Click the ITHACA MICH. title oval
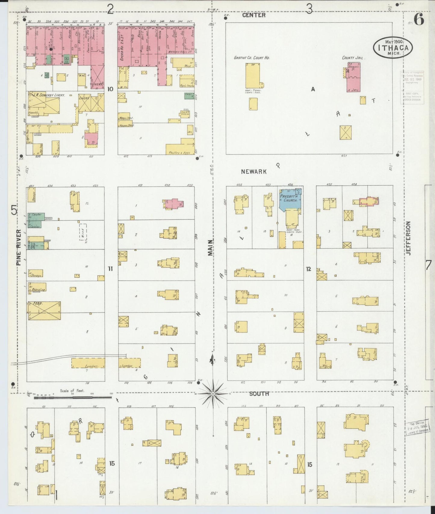393,47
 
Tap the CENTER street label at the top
254,15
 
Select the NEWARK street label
254,172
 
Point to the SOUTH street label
259,393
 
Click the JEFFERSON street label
408,238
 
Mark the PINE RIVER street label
19,247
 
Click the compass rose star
213,393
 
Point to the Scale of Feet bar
72,397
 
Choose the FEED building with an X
44,311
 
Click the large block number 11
110,268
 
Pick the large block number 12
308,269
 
